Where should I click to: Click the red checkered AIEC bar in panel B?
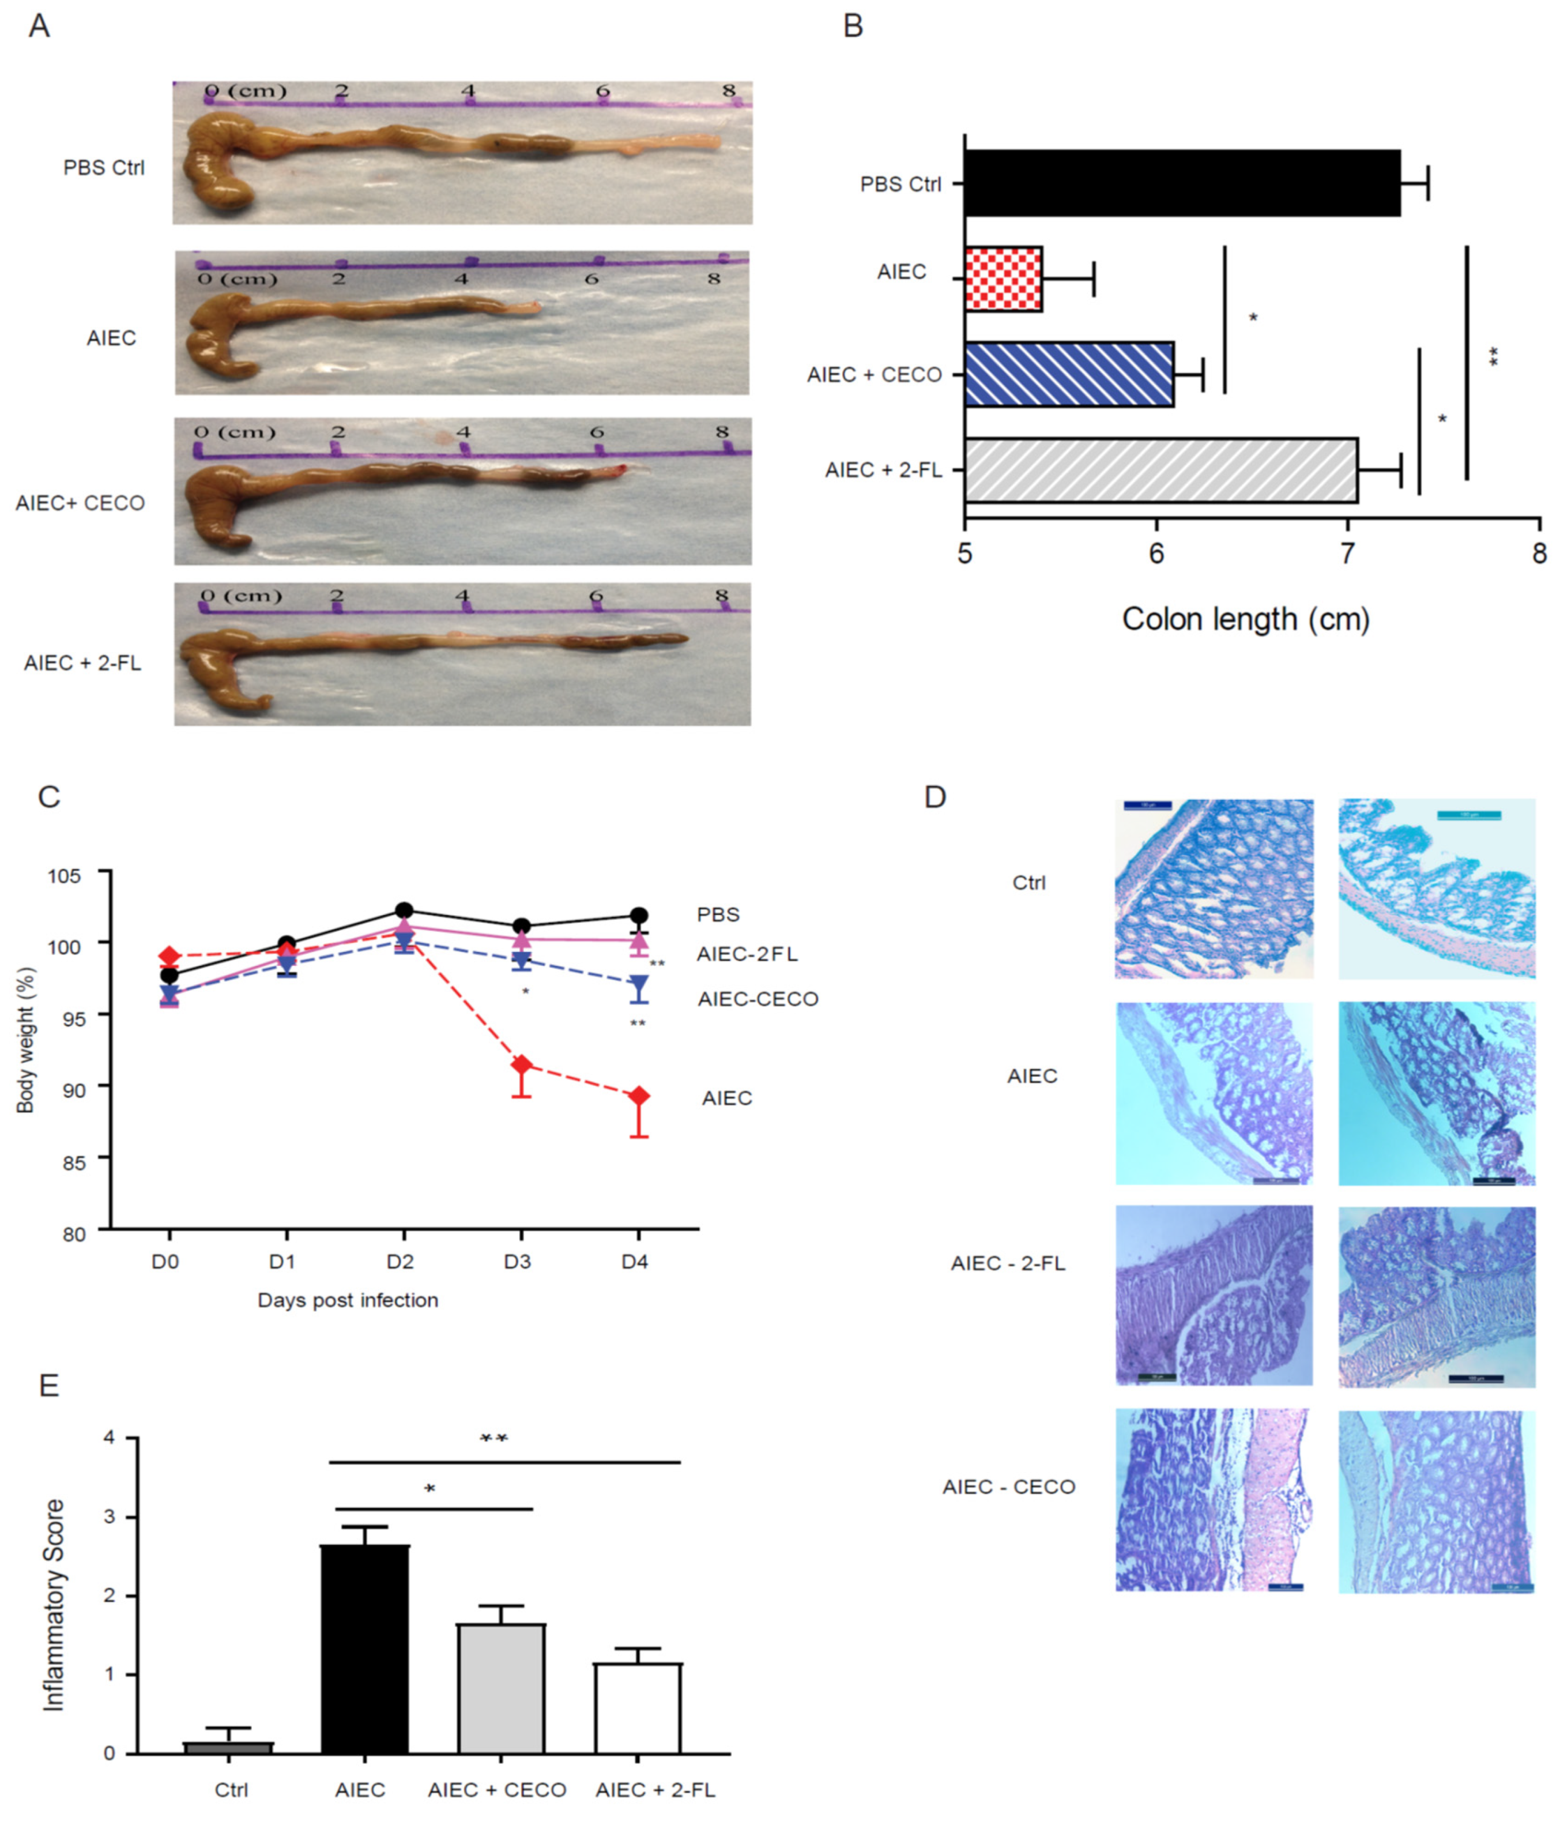[x=1003, y=279]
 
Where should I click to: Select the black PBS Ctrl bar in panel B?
[x=1181, y=183]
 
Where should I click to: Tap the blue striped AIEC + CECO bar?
[x=1069, y=374]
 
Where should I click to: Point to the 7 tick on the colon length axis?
[x=1347, y=554]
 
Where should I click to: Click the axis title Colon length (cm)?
[x=1245, y=620]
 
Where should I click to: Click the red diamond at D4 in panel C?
[x=639, y=1096]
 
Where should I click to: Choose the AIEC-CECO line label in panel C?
[x=758, y=999]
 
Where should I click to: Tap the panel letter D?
[x=935, y=797]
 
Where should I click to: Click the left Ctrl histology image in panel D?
[x=1214, y=889]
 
